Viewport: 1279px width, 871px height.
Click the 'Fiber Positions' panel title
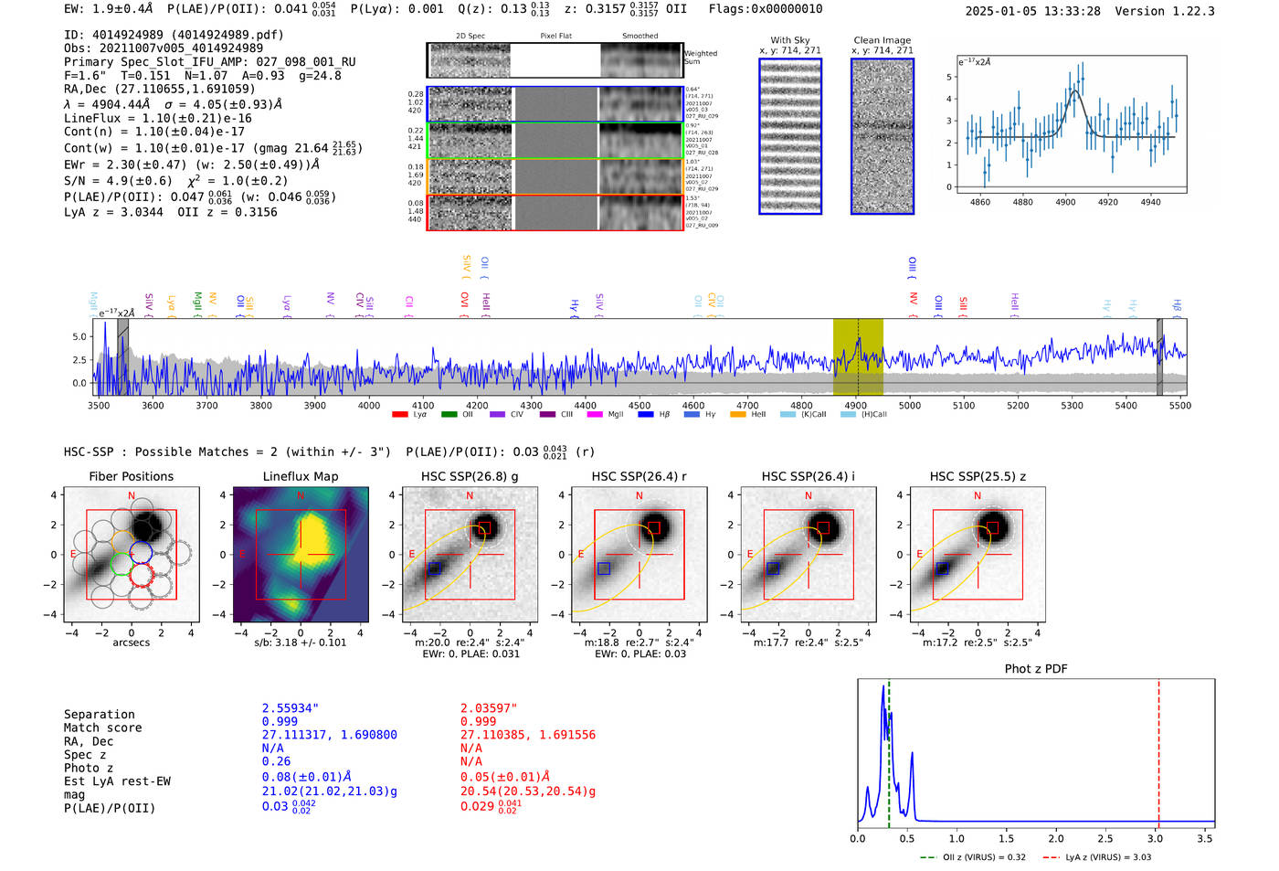point(131,476)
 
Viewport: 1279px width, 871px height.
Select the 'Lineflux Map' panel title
point(300,476)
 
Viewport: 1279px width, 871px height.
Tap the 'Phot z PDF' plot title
point(1035,668)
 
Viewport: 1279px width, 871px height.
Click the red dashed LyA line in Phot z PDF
point(1158,749)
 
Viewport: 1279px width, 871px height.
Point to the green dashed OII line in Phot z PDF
point(888,749)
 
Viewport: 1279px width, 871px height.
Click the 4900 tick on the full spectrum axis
point(855,405)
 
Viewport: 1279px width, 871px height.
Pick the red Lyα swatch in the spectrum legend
point(399,415)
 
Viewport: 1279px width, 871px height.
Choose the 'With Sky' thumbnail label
point(789,40)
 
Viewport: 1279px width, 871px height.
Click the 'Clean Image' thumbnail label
point(882,40)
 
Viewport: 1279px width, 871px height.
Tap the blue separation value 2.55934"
point(290,708)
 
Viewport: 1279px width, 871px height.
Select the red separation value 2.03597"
point(488,708)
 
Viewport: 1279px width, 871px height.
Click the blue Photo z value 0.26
point(276,761)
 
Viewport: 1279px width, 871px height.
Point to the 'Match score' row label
point(102,728)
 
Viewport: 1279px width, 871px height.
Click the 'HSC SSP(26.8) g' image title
point(470,476)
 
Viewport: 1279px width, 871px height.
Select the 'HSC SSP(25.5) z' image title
point(978,476)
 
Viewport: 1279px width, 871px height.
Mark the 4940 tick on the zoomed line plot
point(1150,202)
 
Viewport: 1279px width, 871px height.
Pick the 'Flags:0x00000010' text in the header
point(765,9)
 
